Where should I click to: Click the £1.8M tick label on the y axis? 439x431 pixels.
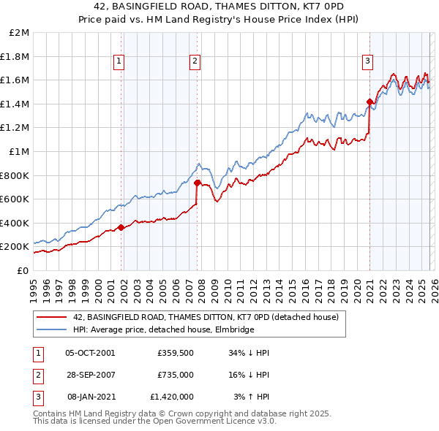(15, 56)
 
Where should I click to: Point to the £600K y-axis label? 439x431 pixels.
(15, 199)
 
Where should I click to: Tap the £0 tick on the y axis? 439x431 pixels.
(23, 270)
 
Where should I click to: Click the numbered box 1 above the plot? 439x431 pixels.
(119, 62)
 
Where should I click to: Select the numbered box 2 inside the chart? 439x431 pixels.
(195, 62)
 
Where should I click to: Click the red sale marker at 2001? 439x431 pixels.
(121, 227)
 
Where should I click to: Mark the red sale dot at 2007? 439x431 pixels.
(198, 183)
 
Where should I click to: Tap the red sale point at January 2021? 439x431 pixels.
(369, 102)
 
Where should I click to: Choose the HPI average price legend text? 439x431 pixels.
(164, 330)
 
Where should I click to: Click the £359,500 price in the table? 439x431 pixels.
(175, 352)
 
